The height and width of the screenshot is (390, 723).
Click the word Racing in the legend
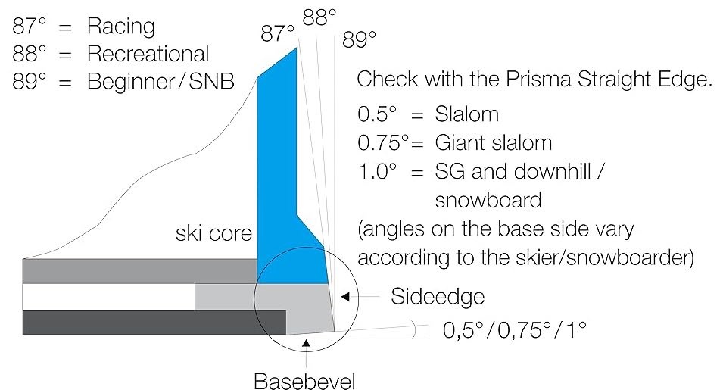pyautogui.click(x=121, y=27)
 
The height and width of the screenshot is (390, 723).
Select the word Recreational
pyautogui.click(x=148, y=54)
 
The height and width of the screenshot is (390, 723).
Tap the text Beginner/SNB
pyautogui.click(x=160, y=82)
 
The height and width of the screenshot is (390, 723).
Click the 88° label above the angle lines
pyautogui.click(x=319, y=18)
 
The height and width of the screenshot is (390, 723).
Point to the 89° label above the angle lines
pyautogui.click(x=359, y=39)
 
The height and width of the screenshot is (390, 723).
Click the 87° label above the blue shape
pyautogui.click(x=277, y=33)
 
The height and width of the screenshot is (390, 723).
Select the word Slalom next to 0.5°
pyautogui.click(x=466, y=114)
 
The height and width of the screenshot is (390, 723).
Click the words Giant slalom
pyautogui.click(x=494, y=143)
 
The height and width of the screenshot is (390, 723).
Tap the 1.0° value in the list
pyautogui.click(x=377, y=171)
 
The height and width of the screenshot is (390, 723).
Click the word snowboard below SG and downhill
pyautogui.click(x=488, y=200)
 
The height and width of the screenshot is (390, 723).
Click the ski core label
pyautogui.click(x=213, y=233)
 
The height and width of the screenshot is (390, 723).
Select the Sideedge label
pyautogui.click(x=438, y=296)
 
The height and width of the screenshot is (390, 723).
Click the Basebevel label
pyautogui.click(x=305, y=381)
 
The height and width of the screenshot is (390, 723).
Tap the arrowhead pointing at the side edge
pyautogui.click(x=345, y=297)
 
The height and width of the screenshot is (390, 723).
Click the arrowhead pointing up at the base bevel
pyautogui.click(x=306, y=342)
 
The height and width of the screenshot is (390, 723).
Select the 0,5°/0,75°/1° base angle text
pyautogui.click(x=514, y=330)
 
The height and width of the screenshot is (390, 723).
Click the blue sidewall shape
pyautogui.click(x=286, y=184)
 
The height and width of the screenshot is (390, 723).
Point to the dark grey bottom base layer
pyautogui.click(x=154, y=323)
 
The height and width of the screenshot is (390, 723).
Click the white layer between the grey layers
pyautogui.click(x=108, y=298)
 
